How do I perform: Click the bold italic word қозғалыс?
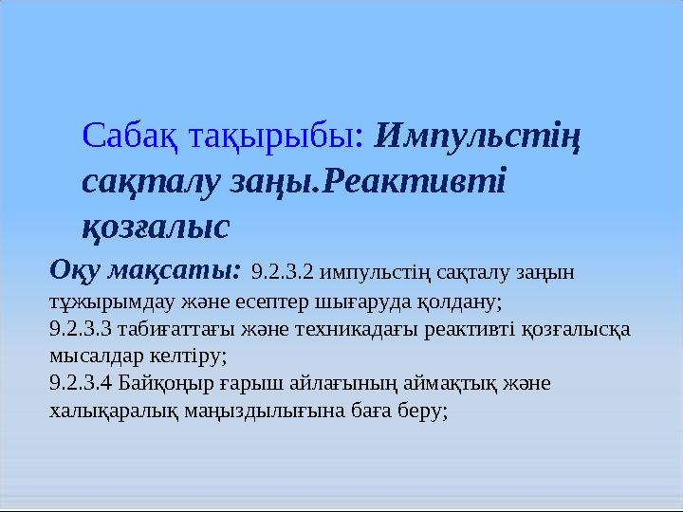[x=156, y=227]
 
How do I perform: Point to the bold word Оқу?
[x=75, y=270]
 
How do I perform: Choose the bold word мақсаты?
[x=175, y=271]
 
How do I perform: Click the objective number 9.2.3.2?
[x=283, y=272]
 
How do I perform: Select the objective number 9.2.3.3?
[x=81, y=329]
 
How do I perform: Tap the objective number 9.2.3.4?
[x=81, y=384]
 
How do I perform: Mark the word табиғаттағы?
[x=176, y=330]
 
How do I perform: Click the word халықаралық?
[x=114, y=411]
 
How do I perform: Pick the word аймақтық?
[x=450, y=384]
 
